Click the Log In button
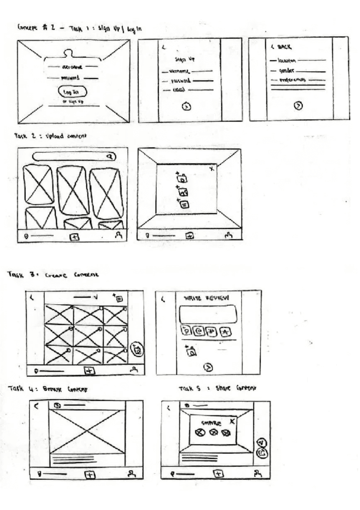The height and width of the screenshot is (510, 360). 73,92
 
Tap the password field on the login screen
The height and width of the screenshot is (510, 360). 72,78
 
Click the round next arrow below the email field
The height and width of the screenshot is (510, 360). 187,106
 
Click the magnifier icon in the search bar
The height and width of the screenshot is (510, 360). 109,157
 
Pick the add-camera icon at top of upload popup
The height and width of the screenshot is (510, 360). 182,178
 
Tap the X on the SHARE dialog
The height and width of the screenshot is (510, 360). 232,421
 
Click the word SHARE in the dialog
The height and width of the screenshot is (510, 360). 211,423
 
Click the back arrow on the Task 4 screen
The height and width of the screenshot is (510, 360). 36,406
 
